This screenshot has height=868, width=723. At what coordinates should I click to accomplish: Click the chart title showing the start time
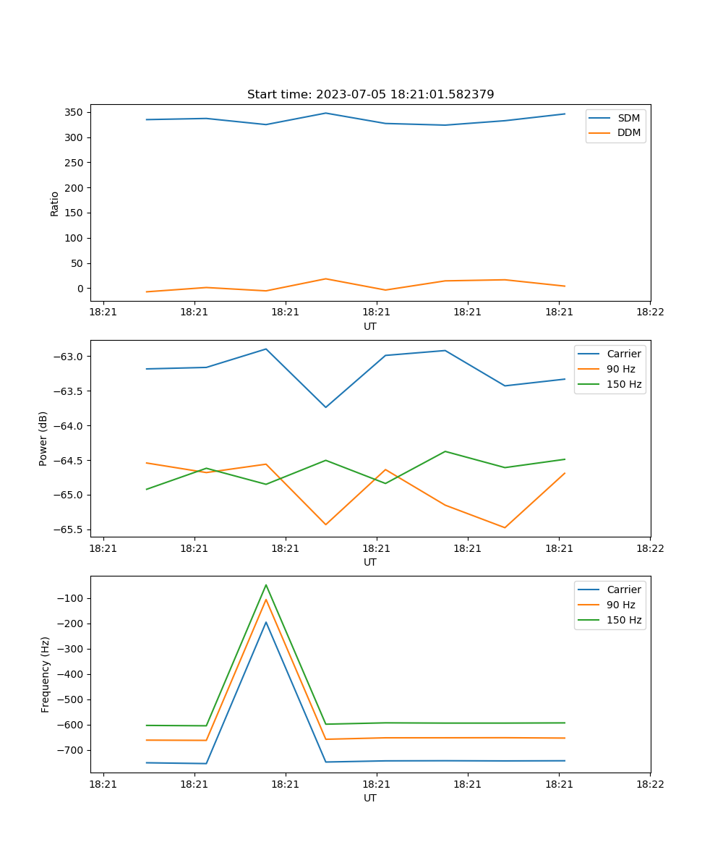(x=370, y=95)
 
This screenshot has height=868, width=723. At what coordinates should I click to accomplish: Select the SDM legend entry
(x=628, y=118)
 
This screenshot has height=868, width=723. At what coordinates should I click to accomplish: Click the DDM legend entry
(x=628, y=132)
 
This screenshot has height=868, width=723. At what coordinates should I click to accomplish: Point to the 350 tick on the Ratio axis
(x=74, y=113)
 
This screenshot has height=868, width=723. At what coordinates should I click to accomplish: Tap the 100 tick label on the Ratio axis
(x=74, y=238)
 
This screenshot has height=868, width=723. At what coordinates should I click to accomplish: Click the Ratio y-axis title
(x=55, y=203)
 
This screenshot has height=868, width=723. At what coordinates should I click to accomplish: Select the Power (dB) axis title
(x=43, y=438)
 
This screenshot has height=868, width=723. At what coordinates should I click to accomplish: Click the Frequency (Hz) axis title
(x=46, y=674)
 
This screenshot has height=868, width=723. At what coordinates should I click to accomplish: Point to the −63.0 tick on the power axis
(x=68, y=357)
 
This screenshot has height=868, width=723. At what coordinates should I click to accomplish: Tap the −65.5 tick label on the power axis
(x=68, y=529)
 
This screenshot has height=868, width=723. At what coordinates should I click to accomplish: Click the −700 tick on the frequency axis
(x=68, y=750)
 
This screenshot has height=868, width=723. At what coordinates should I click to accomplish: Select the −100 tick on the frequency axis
(x=68, y=598)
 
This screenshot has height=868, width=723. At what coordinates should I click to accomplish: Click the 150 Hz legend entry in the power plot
(x=624, y=384)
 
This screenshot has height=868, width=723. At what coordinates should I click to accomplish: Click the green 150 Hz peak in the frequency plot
(x=266, y=585)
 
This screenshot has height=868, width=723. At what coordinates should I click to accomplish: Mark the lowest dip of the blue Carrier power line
(x=326, y=407)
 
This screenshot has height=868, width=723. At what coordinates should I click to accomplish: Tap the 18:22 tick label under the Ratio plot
(x=649, y=312)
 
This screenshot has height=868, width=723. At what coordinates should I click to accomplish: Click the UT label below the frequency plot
(x=370, y=798)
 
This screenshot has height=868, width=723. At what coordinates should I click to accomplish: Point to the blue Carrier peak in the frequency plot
(x=266, y=622)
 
